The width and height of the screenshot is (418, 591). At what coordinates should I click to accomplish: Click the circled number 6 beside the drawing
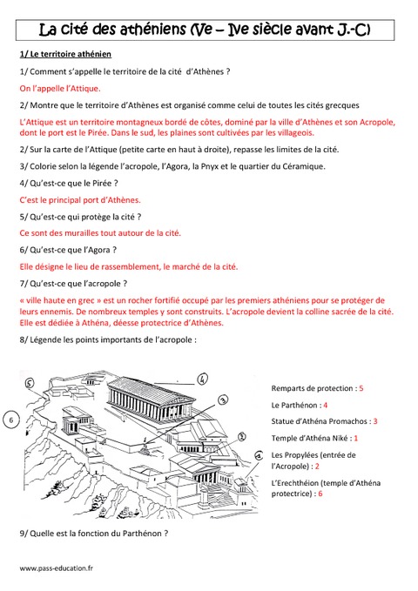pos(10,420)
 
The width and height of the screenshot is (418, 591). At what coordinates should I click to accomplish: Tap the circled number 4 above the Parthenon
pos(201,379)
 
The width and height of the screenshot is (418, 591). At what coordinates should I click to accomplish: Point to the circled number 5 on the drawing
pos(29,382)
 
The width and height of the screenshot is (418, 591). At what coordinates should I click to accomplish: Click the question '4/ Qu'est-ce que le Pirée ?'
pos(68,183)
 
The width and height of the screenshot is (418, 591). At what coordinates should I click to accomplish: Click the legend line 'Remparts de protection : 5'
pos(317,386)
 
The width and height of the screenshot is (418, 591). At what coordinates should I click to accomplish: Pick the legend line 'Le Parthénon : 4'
pos(300,405)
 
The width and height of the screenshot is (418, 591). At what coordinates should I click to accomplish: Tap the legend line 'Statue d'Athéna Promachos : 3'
pos(324,421)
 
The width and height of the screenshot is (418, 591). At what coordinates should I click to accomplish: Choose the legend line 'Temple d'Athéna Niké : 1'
pos(314,438)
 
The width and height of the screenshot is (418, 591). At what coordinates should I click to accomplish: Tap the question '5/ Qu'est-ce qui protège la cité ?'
pos(79,216)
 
